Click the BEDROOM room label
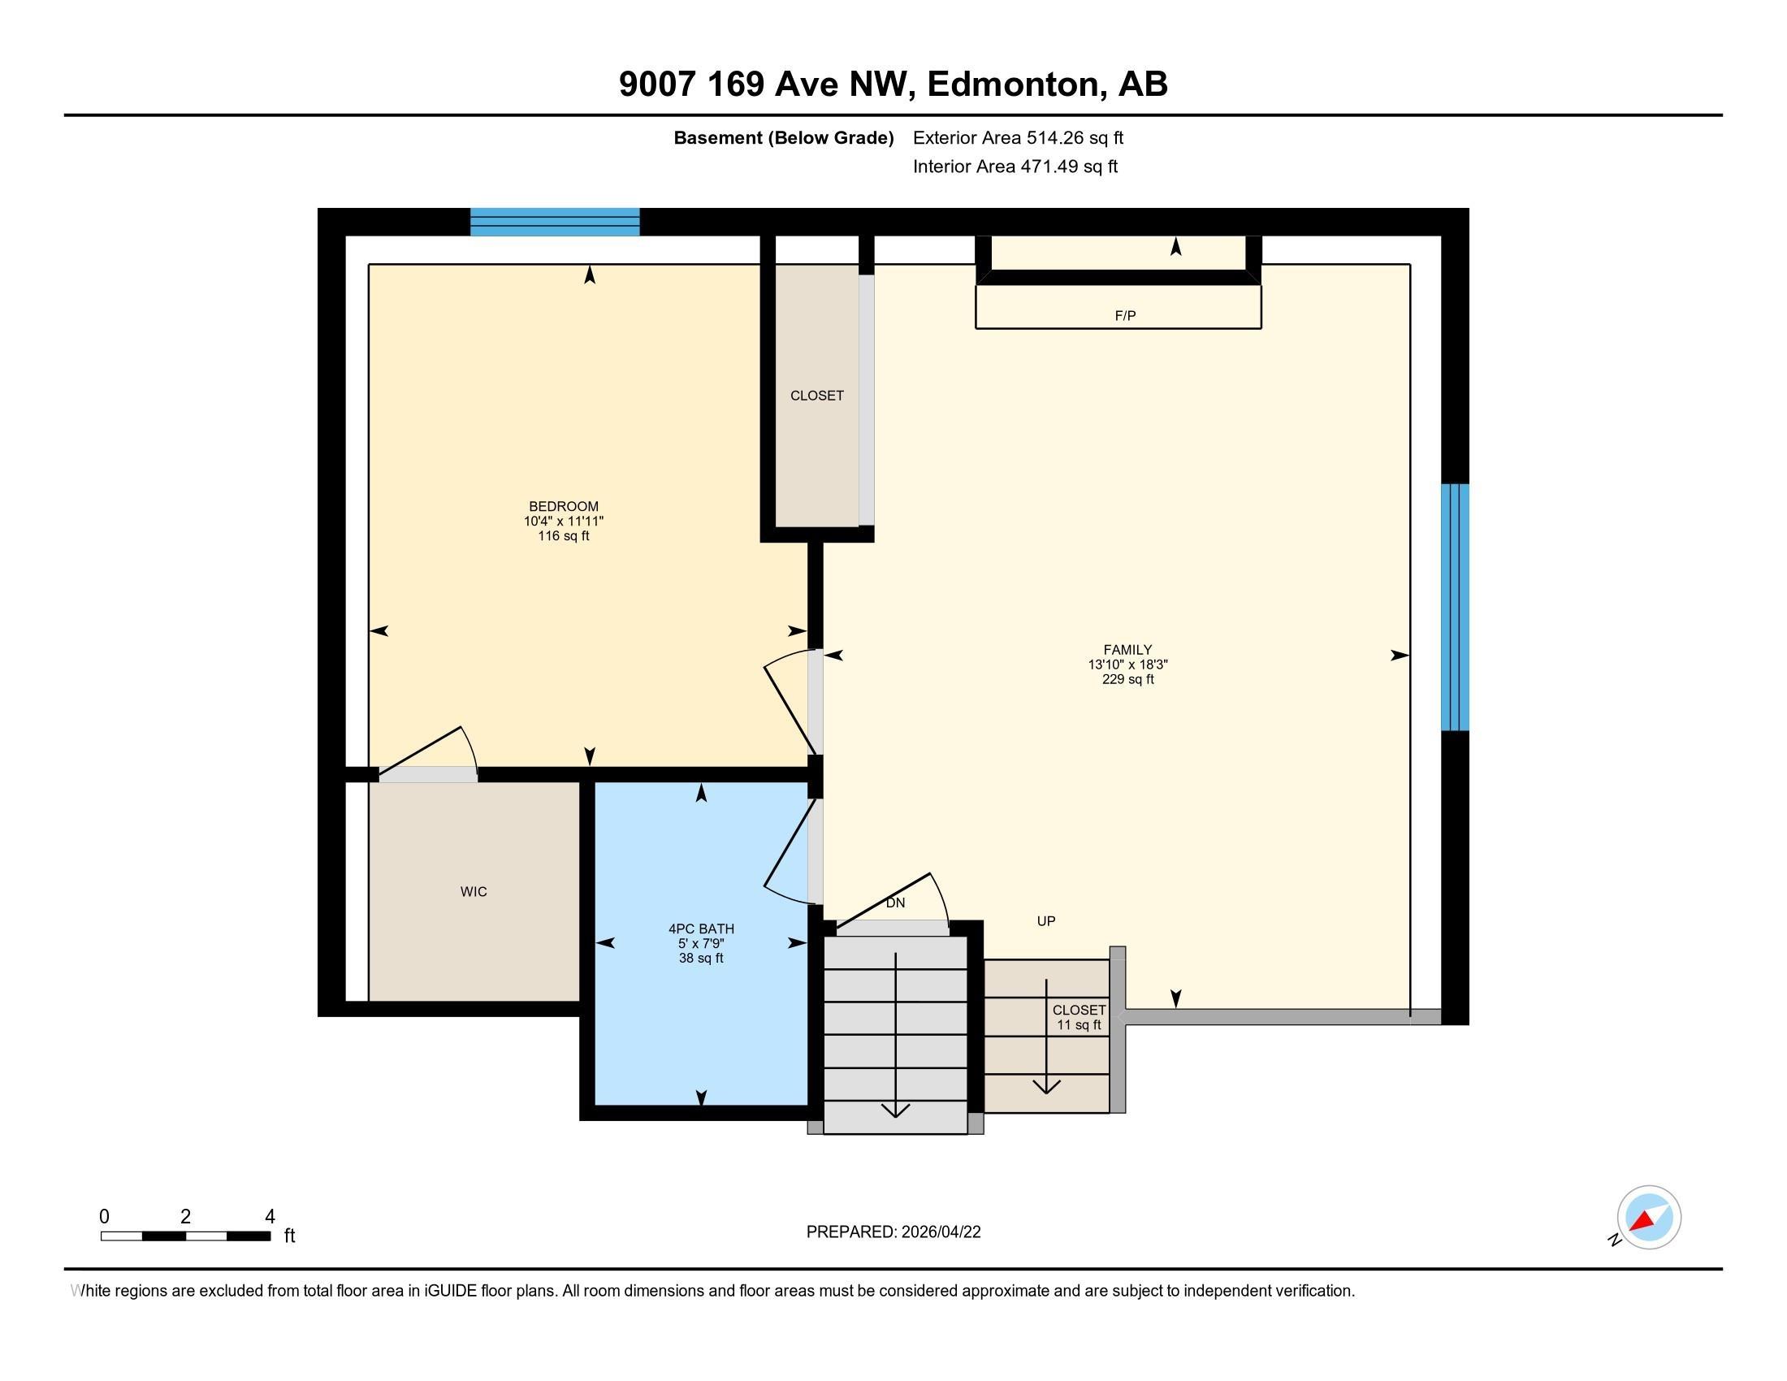[x=563, y=506]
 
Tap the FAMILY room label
[x=1127, y=651]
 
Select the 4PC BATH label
[x=701, y=929]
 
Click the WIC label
[x=473, y=892]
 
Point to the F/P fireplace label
[x=1125, y=316]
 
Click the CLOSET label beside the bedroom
[x=816, y=396]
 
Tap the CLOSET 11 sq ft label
[x=1079, y=1018]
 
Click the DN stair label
[x=895, y=903]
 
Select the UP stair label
[x=1045, y=921]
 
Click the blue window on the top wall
[x=555, y=222]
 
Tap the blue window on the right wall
[x=1455, y=607]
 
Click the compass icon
[x=1648, y=1218]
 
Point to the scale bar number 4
[x=270, y=1217]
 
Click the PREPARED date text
[x=893, y=1232]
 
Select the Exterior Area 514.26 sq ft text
[x=1018, y=138]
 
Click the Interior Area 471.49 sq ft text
[x=1015, y=167]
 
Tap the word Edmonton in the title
[x=1012, y=84]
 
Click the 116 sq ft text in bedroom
[x=563, y=536]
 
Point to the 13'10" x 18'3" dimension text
[x=1127, y=665]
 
